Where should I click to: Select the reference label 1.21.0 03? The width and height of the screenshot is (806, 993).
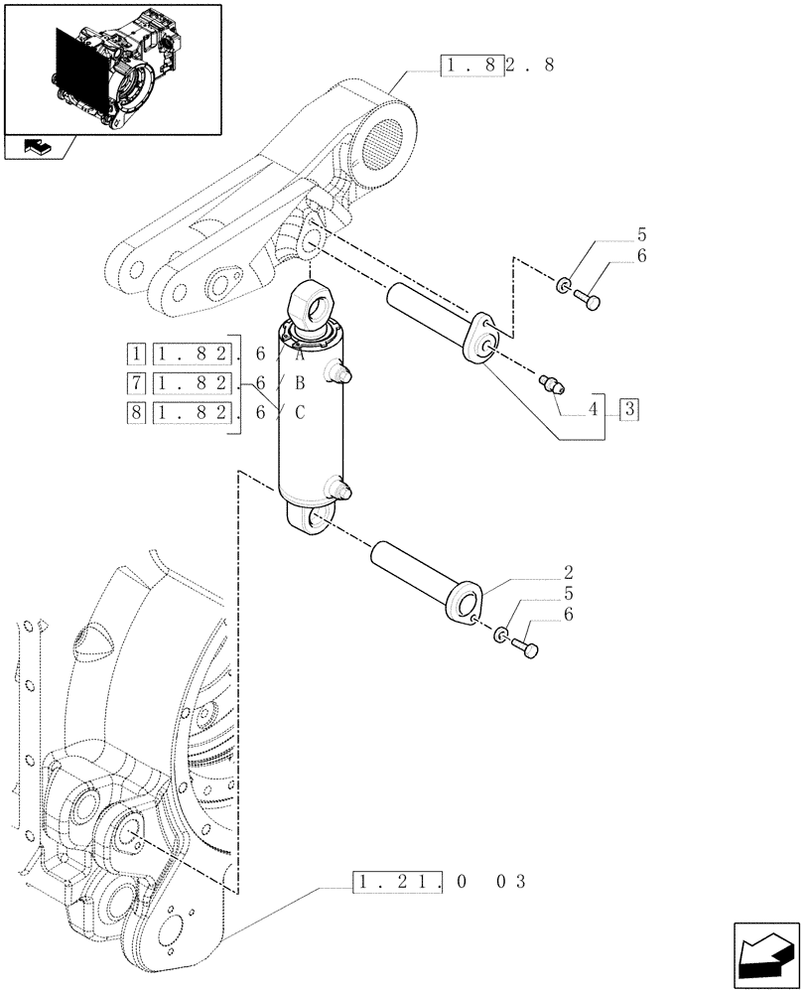point(438,880)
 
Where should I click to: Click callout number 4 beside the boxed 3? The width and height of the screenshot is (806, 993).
point(595,408)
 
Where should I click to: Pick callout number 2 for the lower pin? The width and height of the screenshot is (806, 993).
point(568,573)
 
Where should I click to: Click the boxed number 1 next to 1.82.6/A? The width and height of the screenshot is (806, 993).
point(136,353)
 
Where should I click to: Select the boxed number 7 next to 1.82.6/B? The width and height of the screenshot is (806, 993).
point(136,383)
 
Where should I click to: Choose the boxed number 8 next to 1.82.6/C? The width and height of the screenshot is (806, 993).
point(136,413)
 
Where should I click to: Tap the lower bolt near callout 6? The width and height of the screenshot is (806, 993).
point(526,650)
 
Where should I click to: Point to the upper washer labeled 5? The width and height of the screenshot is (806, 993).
point(563,287)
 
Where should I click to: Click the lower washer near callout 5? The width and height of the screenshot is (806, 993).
point(501,635)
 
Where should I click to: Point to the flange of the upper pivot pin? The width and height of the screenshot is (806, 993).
point(483,343)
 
